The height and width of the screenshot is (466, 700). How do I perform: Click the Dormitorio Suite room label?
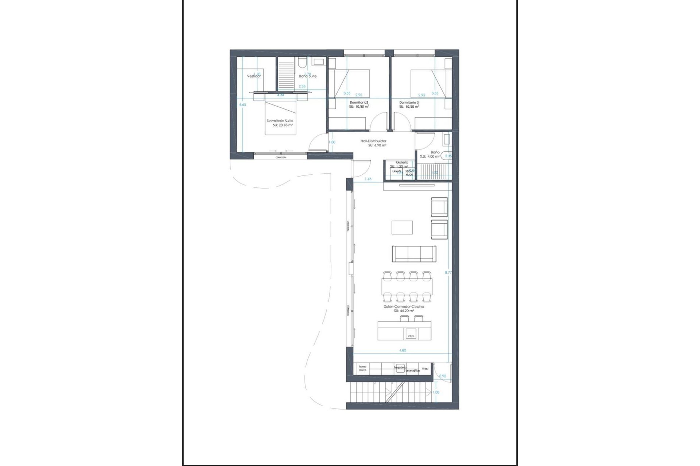coord(280,121)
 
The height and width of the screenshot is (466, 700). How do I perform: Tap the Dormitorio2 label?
coord(359,103)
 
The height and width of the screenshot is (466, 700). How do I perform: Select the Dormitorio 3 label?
coord(409,103)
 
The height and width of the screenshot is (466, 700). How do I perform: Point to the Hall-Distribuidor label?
coord(373,141)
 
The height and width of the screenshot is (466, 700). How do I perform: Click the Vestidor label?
coord(254,76)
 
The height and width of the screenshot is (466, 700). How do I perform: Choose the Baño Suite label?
coord(308,76)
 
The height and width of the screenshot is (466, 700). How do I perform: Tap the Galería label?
coord(402,162)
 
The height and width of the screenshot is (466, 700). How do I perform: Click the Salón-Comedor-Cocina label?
coord(404,307)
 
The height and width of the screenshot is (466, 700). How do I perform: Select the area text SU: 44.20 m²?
coord(404,311)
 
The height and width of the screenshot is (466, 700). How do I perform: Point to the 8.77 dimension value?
coord(448,272)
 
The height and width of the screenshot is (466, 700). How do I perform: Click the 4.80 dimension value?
coord(402,350)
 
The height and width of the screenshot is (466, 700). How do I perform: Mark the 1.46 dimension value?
coord(368,179)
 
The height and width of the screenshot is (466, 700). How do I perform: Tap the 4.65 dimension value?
coord(242,104)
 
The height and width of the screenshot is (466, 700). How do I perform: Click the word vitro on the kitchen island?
coord(411,336)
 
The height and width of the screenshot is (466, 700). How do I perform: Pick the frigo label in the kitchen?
coord(425,368)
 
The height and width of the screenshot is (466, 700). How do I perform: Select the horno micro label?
coord(362,368)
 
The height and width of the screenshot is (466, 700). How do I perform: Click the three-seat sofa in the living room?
coord(414,253)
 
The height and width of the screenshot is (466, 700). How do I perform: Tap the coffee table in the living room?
coord(402,228)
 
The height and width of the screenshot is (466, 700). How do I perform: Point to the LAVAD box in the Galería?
coord(396,171)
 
